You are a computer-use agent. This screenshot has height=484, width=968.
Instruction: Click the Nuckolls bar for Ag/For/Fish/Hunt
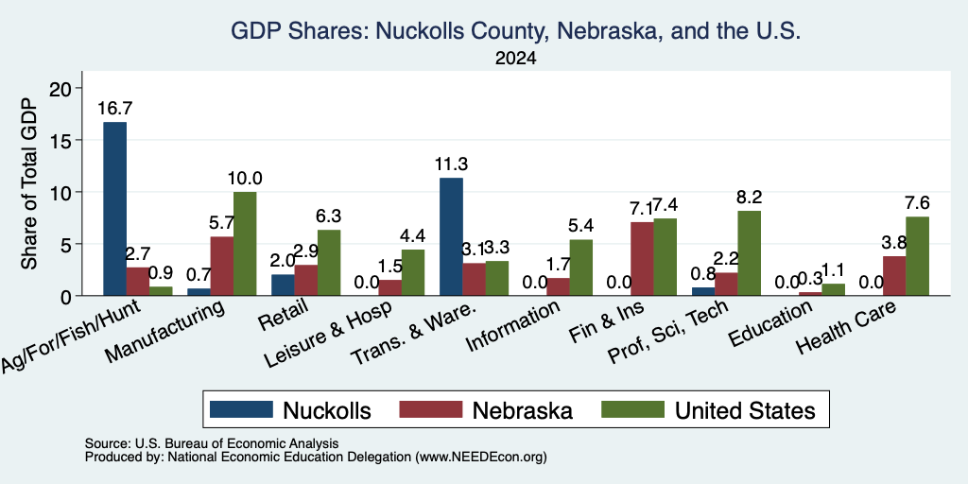pos(114,209)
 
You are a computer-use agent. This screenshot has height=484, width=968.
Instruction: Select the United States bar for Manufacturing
pos(245,244)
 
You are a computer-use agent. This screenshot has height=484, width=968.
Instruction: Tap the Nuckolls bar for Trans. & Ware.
pos(451,237)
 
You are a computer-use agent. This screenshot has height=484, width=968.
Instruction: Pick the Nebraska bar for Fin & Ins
pos(642,259)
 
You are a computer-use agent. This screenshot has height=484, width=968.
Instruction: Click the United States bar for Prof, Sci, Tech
pos(750,253)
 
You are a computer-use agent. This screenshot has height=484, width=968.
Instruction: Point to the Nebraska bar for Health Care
pos(894,276)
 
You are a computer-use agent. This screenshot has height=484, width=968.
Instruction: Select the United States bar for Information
pos(581,268)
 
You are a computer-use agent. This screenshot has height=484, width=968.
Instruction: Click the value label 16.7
pos(114,109)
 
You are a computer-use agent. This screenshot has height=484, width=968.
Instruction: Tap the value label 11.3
pos(451,164)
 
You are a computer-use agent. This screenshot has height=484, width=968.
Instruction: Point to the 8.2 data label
pos(750,197)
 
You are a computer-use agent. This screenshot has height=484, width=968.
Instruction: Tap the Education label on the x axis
pos(769,325)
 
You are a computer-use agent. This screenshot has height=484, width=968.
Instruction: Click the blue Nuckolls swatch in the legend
pos(241,409)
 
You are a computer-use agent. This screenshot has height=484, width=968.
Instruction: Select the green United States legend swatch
pos(632,409)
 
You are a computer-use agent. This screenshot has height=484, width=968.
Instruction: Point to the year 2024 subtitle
pos(515,59)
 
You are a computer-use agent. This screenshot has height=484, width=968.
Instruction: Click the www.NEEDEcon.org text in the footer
pos(481,458)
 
